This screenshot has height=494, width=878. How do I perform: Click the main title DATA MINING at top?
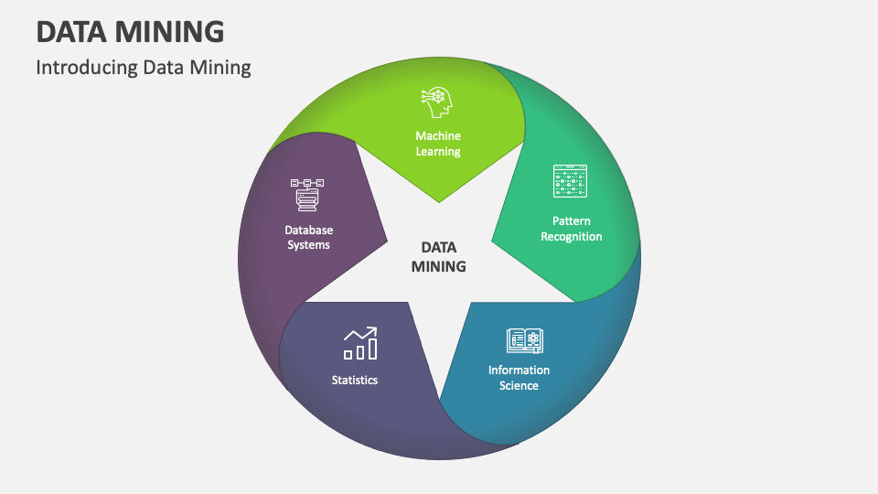tap(130, 31)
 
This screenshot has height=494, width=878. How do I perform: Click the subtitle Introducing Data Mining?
tap(144, 68)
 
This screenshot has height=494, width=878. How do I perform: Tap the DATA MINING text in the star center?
tap(438, 257)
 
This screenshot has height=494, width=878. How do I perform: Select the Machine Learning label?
tap(438, 144)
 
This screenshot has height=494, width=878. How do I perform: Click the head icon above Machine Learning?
tap(437, 103)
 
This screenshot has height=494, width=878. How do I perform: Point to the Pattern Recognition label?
tap(571, 229)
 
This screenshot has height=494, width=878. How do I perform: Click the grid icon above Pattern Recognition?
tap(571, 181)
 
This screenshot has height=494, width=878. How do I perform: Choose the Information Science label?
tap(519, 378)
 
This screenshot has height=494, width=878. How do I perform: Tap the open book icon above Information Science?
tap(525, 341)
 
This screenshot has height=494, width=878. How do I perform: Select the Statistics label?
tap(355, 380)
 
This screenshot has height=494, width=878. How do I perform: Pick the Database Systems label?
tap(308, 238)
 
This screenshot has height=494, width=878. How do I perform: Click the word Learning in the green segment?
tap(438, 152)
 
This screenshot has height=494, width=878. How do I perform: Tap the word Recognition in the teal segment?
tap(571, 237)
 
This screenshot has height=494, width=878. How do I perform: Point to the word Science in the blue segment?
tap(519, 386)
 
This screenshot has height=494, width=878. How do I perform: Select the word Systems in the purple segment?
tap(308, 245)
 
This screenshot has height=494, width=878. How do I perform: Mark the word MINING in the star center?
tap(438, 267)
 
